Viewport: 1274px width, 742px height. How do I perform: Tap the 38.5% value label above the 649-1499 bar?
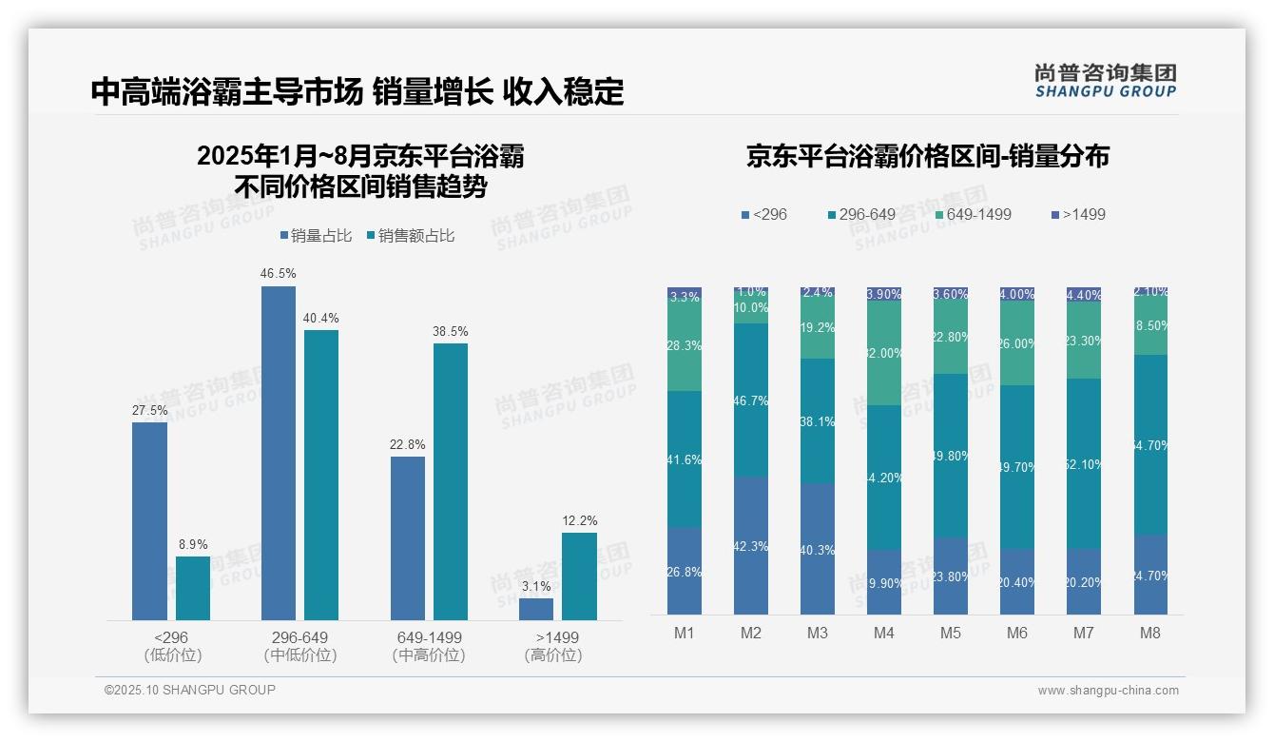click(451, 331)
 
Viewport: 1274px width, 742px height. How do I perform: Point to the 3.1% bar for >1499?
click(536, 609)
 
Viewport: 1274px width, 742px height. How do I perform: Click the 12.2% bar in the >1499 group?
click(579, 576)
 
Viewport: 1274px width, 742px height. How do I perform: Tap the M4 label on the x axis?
click(883, 633)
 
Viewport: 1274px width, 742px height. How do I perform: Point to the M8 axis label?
click(1150, 633)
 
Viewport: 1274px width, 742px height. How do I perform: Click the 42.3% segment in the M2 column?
click(751, 545)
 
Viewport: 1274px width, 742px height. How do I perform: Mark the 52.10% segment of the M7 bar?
click(1084, 463)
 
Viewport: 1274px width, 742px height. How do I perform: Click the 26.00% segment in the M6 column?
click(1017, 343)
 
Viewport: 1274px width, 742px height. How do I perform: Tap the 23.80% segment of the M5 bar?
click(951, 576)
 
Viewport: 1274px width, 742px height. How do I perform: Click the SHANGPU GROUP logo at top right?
click(1105, 81)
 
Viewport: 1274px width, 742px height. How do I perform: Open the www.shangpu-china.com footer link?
click(1108, 691)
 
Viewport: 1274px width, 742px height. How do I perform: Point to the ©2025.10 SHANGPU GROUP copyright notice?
click(190, 690)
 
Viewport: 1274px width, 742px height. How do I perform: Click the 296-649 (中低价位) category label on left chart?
click(300, 646)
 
